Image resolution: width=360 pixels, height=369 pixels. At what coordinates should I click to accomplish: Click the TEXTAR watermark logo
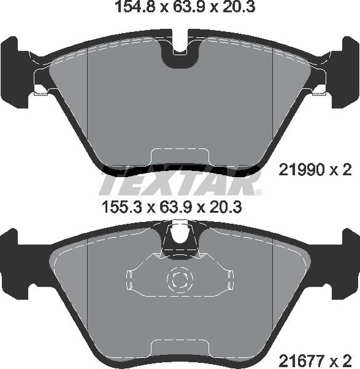(179, 182)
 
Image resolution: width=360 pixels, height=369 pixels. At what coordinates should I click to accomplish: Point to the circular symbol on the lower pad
(180, 282)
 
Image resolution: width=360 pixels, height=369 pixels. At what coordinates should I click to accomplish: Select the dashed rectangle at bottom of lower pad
(180, 348)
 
